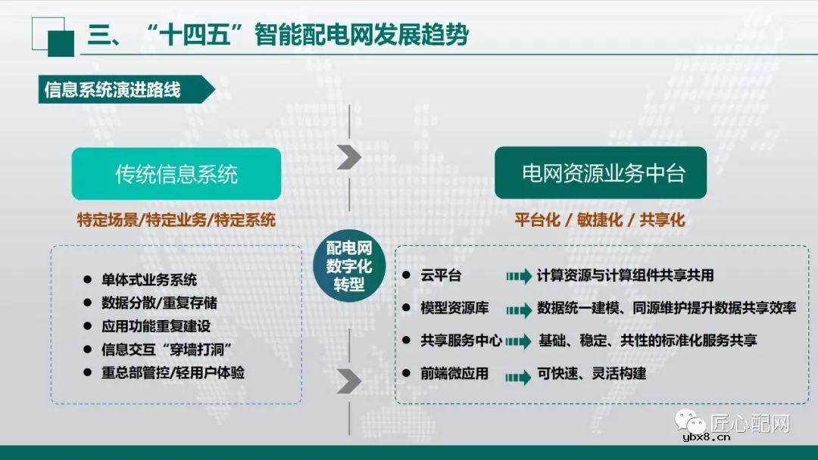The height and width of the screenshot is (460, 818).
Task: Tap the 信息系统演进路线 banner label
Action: tap(113, 90)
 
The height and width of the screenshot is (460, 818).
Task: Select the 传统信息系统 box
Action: tap(176, 174)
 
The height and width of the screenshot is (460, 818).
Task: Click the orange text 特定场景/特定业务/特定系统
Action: tap(176, 220)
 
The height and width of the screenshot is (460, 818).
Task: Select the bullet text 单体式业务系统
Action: tap(149, 279)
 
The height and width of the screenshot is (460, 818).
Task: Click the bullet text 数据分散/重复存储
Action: tap(159, 303)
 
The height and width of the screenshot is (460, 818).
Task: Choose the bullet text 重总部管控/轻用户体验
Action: tap(173, 373)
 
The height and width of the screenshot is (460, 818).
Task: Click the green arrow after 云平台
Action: tap(519, 277)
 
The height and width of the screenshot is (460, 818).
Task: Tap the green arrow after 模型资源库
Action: tap(519, 309)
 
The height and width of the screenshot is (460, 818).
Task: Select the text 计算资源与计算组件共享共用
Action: tap(625, 275)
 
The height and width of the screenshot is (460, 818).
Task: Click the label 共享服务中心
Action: tap(461, 340)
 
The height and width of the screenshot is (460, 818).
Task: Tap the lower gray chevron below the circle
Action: tap(348, 381)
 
